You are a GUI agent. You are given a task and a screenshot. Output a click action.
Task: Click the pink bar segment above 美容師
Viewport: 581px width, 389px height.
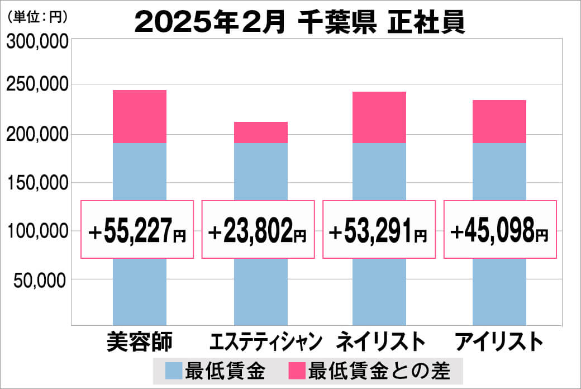(x=140, y=116)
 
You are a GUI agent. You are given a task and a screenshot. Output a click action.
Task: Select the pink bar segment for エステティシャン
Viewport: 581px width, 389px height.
(x=260, y=132)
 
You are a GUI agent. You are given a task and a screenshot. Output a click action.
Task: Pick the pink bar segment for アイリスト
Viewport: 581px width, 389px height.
(x=499, y=121)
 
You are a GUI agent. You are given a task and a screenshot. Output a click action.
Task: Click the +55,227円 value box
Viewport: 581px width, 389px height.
(x=137, y=230)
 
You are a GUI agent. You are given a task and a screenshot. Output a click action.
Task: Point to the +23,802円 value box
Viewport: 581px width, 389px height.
(x=258, y=230)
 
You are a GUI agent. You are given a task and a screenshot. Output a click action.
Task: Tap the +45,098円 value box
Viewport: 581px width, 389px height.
(x=500, y=230)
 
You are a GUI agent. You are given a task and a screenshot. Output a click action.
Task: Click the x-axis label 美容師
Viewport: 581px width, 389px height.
(x=139, y=341)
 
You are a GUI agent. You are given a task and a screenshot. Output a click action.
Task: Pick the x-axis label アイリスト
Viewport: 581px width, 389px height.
(x=499, y=341)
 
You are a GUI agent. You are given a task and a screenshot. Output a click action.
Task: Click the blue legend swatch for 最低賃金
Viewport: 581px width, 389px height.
(x=174, y=371)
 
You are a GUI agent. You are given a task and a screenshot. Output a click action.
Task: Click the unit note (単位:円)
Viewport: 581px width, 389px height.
(x=37, y=17)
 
